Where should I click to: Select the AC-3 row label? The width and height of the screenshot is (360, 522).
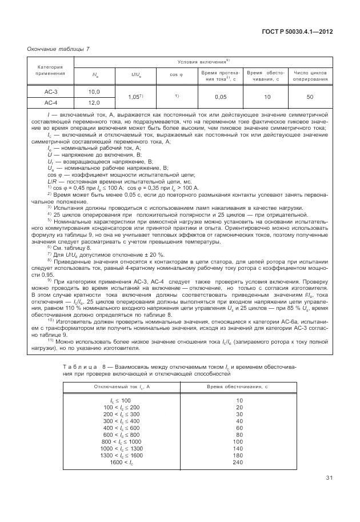point(51,91)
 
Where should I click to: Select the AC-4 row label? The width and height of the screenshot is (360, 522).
point(51,103)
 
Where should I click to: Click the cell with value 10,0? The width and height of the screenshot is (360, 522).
point(94,91)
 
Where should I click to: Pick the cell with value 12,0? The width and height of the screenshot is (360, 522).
point(94,103)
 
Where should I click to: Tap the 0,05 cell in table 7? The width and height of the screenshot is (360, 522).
point(221,97)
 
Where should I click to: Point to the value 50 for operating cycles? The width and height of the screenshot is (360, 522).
point(309,97)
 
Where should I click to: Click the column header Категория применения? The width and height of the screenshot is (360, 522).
point(51,71)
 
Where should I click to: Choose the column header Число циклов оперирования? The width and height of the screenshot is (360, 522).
point(310,76)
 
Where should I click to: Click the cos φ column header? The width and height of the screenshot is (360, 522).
point(177,74)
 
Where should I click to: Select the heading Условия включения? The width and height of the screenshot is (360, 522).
point(203,61)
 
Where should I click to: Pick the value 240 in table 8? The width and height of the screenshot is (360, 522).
point(239,461)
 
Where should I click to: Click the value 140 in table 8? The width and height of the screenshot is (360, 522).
point(239,449)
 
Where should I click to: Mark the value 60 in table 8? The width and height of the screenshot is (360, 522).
point(239,428)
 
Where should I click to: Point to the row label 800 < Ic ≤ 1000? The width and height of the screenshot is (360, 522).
point(121,442)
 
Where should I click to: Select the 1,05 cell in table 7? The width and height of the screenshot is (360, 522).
point(135,97)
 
